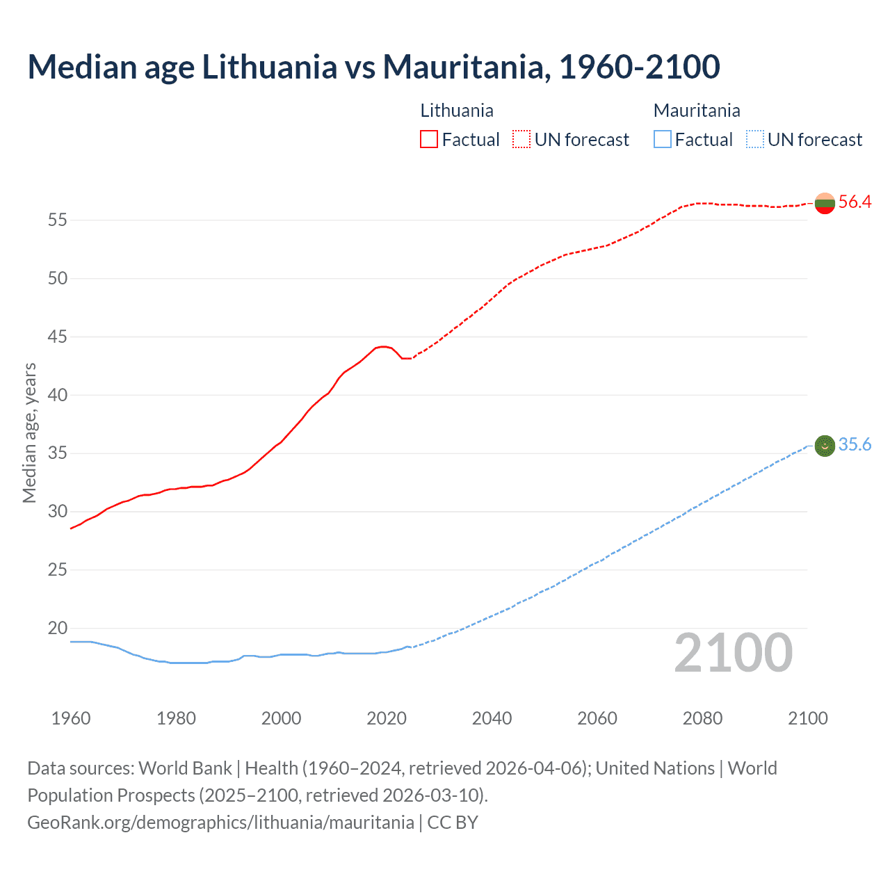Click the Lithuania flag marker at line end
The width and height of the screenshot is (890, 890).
click(x=825, y=203)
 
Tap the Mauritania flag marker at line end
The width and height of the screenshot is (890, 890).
click(x=825, y=445)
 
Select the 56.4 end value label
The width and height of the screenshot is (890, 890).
click(x=855, y=202)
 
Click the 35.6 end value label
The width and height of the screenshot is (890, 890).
click(x=855, y=445)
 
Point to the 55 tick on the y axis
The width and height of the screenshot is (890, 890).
click(x=57, y=220)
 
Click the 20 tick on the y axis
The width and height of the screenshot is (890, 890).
click(x=57, y=629)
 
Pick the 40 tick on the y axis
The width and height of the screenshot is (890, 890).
click(x=57, y=395)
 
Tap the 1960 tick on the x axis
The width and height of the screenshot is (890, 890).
click(x=71, y=718)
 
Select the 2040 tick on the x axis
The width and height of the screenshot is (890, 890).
click(x=492, y=718)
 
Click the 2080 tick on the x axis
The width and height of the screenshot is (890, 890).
click(x=702, y=718)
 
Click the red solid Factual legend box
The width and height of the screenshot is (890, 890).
click(x=429, y=140)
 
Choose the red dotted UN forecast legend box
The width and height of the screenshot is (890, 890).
click(x=521, y=140)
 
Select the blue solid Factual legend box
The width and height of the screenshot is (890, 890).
click(x=663, y=140)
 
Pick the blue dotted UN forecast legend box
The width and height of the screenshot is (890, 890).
click(x=755, y=140)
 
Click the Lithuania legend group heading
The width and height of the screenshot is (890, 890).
click(x=457, y=111)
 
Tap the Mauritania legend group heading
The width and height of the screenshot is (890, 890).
click(x=697, y=111)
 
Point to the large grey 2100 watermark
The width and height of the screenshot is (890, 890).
click(x=733, y=653)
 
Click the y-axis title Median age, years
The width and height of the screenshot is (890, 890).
click(x=29, y=432)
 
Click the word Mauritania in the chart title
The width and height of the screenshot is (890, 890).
click(x=463, y=67)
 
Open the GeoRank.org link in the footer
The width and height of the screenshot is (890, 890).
click(x=220, y=823)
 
